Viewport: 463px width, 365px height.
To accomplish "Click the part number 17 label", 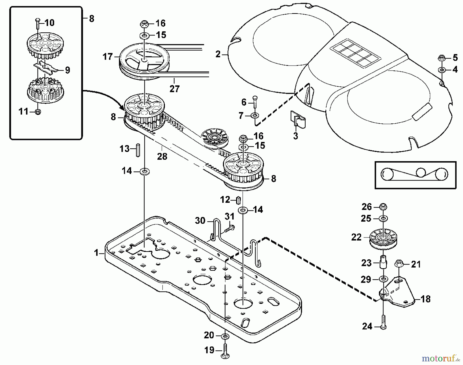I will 108,57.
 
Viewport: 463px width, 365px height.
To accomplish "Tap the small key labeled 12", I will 238,199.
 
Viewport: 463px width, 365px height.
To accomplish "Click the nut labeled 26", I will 383,206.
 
